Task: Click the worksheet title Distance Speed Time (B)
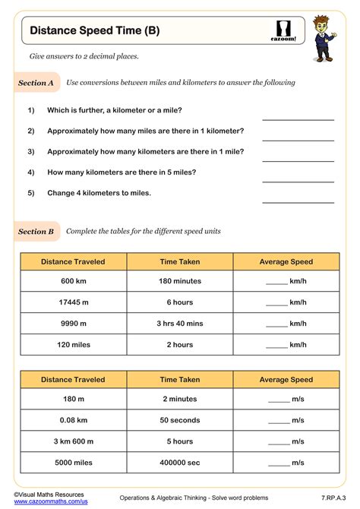click(95, 31)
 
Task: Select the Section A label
click(36, 83)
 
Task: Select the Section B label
click(36, 231)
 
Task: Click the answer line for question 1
click(298, 119)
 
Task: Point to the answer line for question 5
click(298, 201)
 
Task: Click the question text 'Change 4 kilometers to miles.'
click(99, 193)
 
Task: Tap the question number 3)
click(31, 151)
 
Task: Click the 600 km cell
click(74, 282)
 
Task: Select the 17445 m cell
click(74, 302)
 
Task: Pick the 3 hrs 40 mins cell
click(180, 324)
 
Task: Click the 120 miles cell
click(74, 344)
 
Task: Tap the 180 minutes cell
click(180, 282)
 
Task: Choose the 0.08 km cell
click(74, 420)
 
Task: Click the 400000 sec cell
click(180, 462)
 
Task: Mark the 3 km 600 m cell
click(74, 441)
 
